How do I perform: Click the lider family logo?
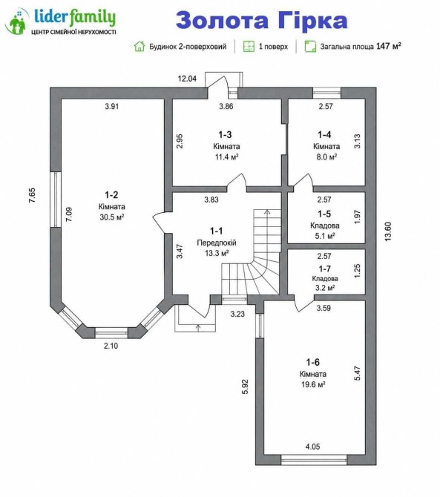[x=60, y=21]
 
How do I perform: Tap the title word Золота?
[x=223, y=20]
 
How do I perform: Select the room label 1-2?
[x=111, y=194]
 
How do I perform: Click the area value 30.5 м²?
[x=111, y=217]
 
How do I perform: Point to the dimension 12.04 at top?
[x=187, y=79]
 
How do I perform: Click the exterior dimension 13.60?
[x=388, y=231]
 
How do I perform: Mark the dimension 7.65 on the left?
[x=32, y=196]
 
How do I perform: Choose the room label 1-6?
[x=312, y=362]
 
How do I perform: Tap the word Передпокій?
[x=217, y=243]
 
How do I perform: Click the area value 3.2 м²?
[x=324, y=288]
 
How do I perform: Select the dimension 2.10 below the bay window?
[x=111, y=346]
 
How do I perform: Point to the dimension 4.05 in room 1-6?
[x=312, y=447]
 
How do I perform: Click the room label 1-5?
[x=324, y=214]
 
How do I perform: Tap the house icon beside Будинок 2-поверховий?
[x=139, y=46]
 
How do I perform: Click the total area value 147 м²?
[x=389, y=46]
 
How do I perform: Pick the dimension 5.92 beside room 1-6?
[x=245, y=386]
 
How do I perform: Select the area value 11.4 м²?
[x=226, y=157]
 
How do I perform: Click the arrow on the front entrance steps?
[x=198, y=328]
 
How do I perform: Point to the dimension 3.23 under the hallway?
[x=237, y=314]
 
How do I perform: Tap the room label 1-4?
[x=324, y=135]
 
